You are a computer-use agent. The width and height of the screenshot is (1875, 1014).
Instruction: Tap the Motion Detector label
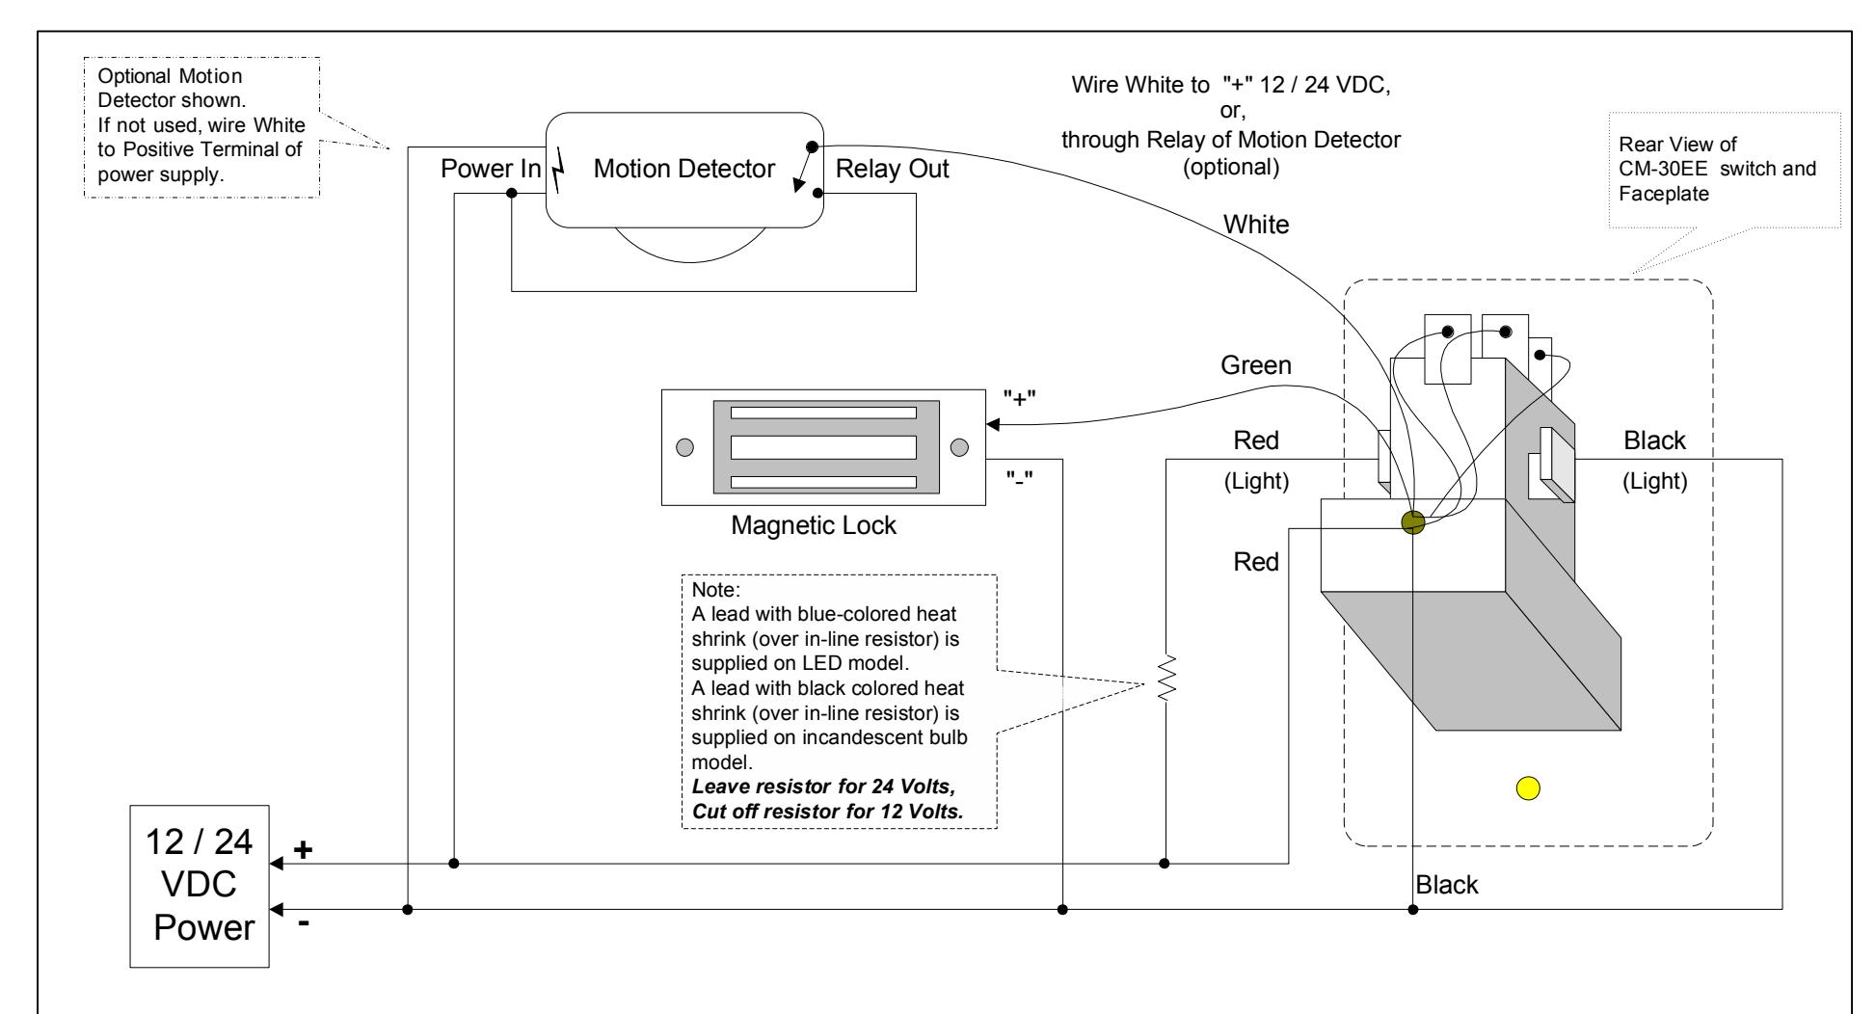(x=684, y=170)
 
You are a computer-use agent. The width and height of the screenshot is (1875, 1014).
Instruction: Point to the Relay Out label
(x=892, y=170)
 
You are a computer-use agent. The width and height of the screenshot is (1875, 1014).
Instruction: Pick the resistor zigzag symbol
(x=1166, y=679)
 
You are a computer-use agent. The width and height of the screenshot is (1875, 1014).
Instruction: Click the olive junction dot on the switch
(x=1412, y=522)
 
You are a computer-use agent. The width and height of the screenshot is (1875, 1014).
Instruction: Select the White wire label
(x=1256, y=225)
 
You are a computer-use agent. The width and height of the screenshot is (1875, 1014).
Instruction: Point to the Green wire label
(x=1256, y=367)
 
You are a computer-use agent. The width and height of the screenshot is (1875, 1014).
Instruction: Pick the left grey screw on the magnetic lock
(x=684, y=447)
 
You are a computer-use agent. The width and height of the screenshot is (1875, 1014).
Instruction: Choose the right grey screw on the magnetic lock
(x=959, y=447)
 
